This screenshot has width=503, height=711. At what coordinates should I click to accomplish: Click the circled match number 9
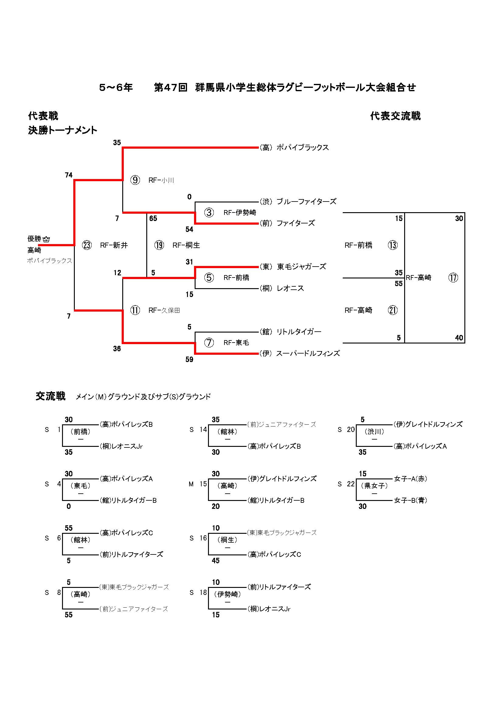click(x=135, y=180)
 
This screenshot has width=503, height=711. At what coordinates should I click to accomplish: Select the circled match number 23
click(x=87, y=245)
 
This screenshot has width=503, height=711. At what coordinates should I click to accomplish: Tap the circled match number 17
click(x=453, y=278)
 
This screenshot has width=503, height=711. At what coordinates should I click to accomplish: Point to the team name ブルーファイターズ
click(x=306, y=202)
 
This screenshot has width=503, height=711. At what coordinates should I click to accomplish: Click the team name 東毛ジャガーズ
click(x=301, y=267)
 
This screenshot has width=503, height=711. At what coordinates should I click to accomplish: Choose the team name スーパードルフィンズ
click(x=308, y=353)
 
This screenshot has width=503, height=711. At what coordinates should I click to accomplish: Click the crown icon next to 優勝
click(x=47, y=239)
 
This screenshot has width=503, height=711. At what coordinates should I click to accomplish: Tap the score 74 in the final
click(x=69, y=175)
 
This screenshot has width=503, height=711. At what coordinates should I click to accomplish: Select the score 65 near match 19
click(x=153, y=218)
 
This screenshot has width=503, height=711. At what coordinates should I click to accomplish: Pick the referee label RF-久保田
click(x=164, y=310)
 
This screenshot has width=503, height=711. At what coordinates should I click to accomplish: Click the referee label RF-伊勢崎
click(x=240, y=212)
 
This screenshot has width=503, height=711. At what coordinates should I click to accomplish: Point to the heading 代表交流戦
click(x=395, y=116)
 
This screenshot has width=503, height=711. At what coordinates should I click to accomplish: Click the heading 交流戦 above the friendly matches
click(x=50, y=396)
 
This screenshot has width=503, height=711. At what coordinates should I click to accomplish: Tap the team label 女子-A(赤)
click(x=410, y=479)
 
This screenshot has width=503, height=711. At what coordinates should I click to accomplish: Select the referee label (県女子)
click(x=374, y=485)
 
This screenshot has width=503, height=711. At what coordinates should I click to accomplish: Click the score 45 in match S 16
click(x=216, y=561)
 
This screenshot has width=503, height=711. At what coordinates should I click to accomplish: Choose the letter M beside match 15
click(x=191, y=484)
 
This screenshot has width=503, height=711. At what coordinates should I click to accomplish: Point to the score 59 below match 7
click(x=189, y=360)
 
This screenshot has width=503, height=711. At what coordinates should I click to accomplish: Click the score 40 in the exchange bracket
click(x=459, y=338)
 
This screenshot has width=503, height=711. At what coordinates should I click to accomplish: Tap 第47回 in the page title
click(x=171, y=88)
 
